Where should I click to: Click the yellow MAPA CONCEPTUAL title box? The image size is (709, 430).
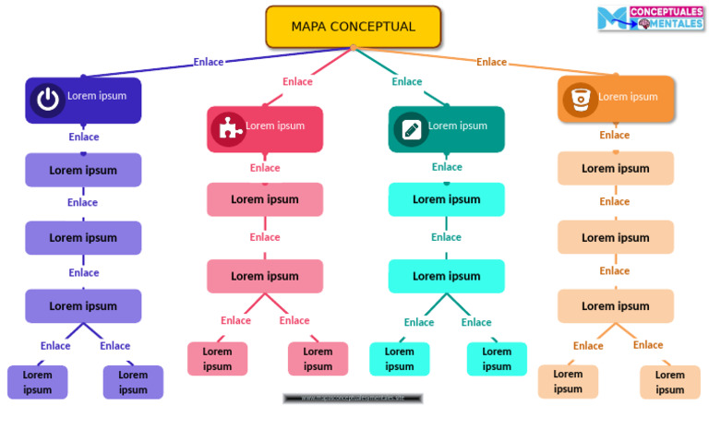354,27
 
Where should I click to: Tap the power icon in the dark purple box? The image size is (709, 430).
47,100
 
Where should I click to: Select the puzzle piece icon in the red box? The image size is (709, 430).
227,128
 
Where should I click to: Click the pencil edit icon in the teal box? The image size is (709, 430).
411,128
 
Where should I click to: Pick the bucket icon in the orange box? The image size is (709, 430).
580,99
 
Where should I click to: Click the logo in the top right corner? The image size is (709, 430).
650,18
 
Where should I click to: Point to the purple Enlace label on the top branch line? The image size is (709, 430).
208,62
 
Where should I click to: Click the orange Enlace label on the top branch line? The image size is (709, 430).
491,62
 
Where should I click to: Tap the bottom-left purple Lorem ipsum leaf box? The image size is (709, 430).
38,382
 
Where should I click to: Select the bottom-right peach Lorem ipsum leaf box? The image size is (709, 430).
669,382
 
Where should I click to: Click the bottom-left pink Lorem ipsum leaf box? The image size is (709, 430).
218,359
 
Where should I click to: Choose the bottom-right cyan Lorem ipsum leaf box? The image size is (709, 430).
497,359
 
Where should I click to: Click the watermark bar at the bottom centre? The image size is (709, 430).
353,399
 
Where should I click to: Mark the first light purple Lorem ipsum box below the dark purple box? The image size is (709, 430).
83,170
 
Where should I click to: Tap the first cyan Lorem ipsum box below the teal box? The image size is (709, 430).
446,199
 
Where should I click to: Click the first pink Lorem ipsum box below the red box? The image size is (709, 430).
265,199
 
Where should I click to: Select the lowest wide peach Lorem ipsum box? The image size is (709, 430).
616,305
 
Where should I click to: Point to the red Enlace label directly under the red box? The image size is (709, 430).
265,168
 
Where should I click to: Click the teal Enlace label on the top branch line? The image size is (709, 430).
406,81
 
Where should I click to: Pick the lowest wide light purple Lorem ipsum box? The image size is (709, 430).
83,305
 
